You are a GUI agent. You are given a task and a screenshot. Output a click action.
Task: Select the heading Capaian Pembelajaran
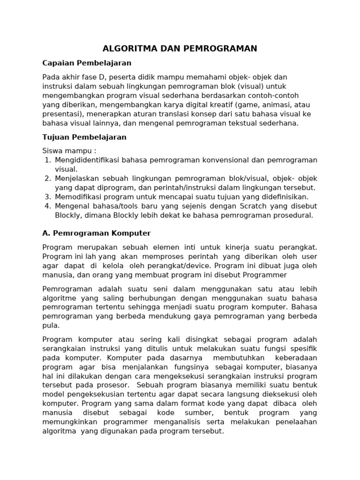click(87, 63)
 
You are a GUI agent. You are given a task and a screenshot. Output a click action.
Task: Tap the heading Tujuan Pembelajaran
click(84, 137)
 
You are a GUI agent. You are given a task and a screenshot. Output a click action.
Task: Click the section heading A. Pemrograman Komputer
click(96, 233)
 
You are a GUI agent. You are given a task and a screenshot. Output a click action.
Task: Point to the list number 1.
click(47, 160)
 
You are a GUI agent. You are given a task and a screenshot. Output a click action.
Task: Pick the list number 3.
click(47, 197)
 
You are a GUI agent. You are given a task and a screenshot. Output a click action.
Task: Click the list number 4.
click(47, 206)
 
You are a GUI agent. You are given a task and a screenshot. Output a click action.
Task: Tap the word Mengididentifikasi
click(87, 160)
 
